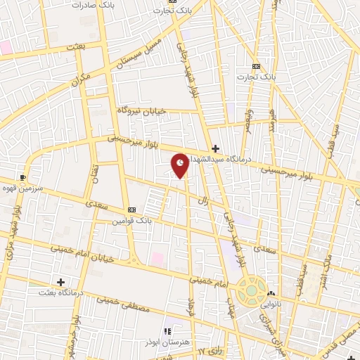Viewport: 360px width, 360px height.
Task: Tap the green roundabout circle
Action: pos(250,288)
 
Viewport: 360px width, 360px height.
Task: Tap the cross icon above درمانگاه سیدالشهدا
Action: pos(215,148)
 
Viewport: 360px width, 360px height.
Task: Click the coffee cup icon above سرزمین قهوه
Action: pos(23,177)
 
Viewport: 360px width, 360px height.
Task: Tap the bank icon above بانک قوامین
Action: pos(131,210)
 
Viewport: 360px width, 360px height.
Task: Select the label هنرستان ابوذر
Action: pos(167,342)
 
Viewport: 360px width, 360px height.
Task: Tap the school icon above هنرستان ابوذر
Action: pos(167,331)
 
